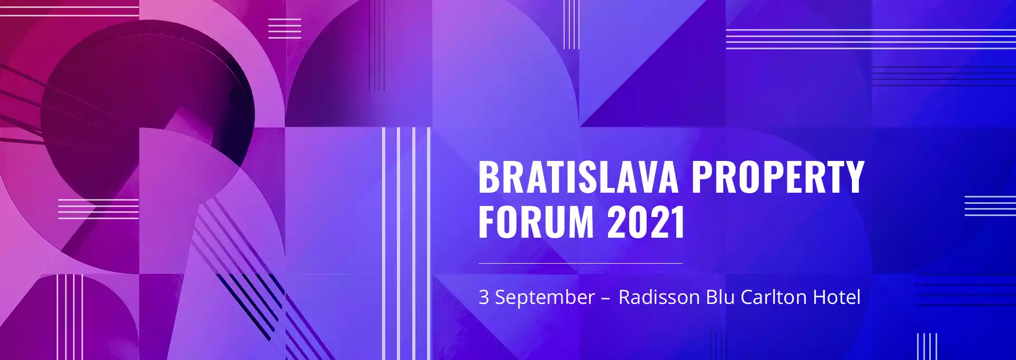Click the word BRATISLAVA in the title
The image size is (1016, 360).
578,177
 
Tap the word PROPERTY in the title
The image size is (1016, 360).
778,177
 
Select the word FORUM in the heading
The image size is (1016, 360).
537,222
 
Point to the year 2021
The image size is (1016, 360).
646,222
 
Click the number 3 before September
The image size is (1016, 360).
484,297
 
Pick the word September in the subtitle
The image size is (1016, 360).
545,298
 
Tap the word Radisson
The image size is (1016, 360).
659,297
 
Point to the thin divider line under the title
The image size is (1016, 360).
580,263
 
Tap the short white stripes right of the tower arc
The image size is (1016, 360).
285,29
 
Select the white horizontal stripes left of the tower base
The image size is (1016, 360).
98,209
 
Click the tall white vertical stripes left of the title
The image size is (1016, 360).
406,244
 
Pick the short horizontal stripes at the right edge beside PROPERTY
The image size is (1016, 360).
990,205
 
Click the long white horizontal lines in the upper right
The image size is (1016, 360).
871,39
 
